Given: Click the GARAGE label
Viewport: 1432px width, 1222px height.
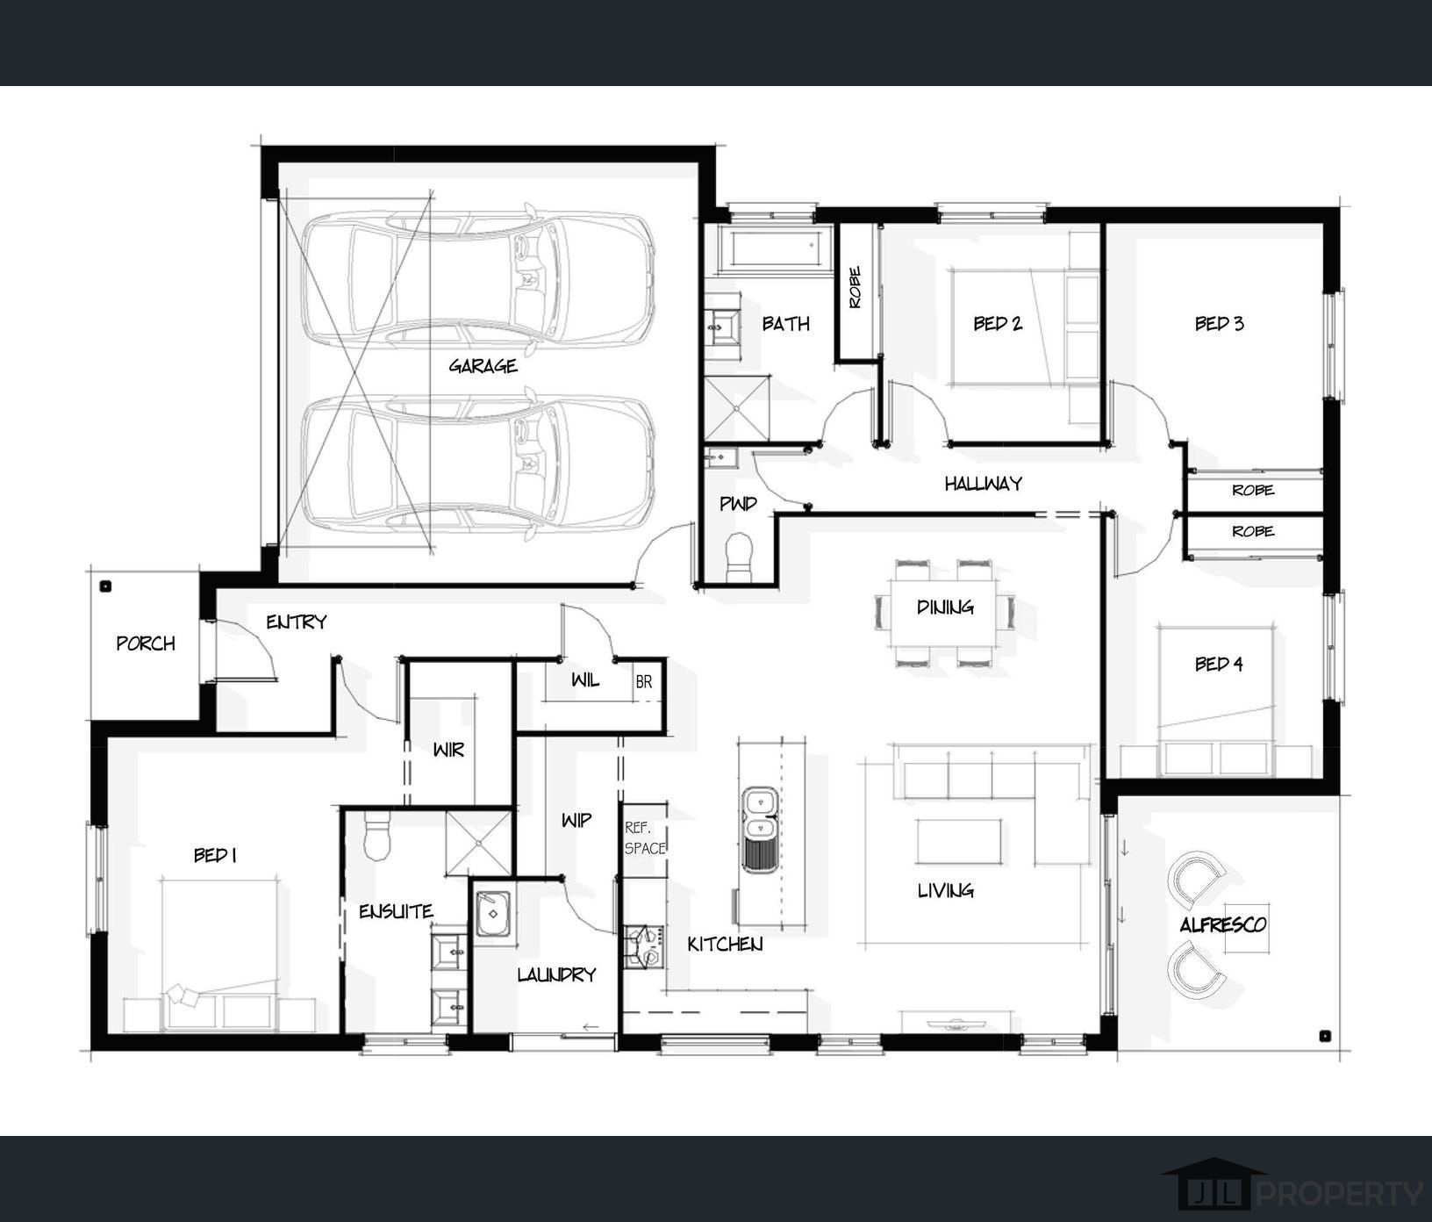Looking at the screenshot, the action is [483, 366].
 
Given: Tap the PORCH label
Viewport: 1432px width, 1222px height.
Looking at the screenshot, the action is [146, 643].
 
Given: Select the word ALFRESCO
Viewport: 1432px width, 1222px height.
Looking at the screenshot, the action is [1222, 924].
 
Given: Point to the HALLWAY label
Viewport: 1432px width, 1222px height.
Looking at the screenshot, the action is [983, 483].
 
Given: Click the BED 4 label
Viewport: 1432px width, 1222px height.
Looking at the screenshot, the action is [1219, 664].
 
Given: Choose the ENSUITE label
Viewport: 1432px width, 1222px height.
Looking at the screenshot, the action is [396, 911].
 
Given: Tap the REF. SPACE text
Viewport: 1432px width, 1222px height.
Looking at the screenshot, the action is [645, 837].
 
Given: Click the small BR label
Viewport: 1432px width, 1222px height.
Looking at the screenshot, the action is [644, 682].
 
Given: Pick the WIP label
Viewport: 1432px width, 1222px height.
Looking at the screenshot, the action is [576, 820].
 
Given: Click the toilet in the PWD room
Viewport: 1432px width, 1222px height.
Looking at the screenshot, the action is [740, 557].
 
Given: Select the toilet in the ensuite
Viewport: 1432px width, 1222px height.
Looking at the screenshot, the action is [376, 835].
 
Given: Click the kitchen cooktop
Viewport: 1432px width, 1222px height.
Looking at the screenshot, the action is [641, 946].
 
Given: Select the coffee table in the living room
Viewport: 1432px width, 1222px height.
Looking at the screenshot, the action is [959, 842].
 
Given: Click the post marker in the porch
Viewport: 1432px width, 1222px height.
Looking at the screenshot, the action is [105, 586].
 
